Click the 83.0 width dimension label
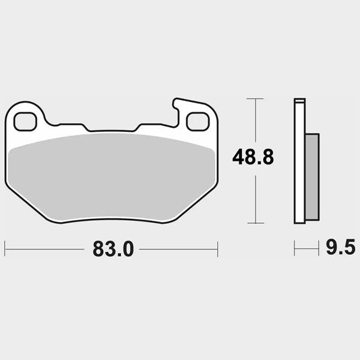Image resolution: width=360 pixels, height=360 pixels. [113, 249]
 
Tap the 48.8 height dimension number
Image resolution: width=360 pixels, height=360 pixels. [253, 157]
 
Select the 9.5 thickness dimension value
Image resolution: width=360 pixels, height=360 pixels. [341, 247]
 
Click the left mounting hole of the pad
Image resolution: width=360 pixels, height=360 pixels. [25, 121]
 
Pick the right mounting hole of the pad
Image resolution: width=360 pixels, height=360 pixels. [197, 121]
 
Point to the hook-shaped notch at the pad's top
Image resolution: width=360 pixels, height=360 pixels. [176, 110]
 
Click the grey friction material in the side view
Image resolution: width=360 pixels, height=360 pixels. [312, 177]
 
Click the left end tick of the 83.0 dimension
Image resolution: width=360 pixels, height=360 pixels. [5, 249]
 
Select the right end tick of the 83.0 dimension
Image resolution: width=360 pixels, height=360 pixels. [217, 249]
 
